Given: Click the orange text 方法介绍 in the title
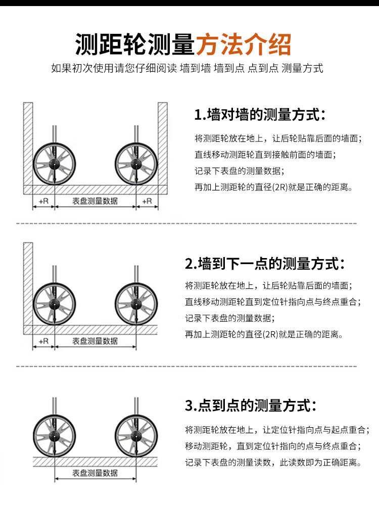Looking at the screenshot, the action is point(244,44).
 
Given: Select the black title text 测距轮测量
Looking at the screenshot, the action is point(135,44).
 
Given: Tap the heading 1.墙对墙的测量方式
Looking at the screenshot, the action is point(260,115).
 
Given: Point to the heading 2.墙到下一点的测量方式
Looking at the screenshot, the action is point(265,264).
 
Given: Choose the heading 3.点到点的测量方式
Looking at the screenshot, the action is point(251,405).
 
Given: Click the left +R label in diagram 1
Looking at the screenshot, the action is point(43,201).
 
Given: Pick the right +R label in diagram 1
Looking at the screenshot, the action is point(147,201).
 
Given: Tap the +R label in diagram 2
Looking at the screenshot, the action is point(43,341).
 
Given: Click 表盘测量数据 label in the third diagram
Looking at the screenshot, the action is point(95,473).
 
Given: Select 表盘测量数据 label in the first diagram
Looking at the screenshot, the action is point(95,201).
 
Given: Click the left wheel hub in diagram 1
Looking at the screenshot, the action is point(55,164).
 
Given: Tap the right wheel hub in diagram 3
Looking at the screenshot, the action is point(136,436).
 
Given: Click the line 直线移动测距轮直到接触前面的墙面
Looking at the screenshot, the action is point(265,155).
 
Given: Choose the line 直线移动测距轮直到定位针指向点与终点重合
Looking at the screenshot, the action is point(273,301).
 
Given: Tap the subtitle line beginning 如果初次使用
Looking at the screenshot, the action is point(187,68).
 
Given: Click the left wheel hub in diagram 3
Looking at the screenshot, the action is point(55,436).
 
